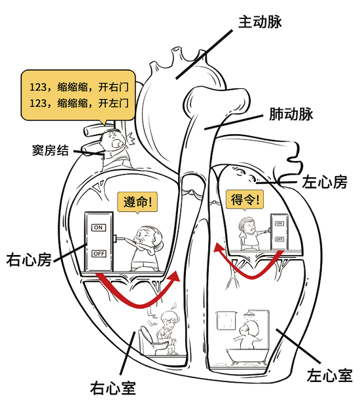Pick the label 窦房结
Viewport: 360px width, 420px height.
(x=51, y=149)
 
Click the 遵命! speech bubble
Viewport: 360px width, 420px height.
(x=138, y=202)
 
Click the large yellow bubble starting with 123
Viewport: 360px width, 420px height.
(x=77, y=94)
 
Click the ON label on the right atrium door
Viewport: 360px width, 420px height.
(x=99, y=227)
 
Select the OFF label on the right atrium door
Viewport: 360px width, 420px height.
(x=99, y=253)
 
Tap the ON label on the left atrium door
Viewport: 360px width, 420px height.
(x=279, y=224)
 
